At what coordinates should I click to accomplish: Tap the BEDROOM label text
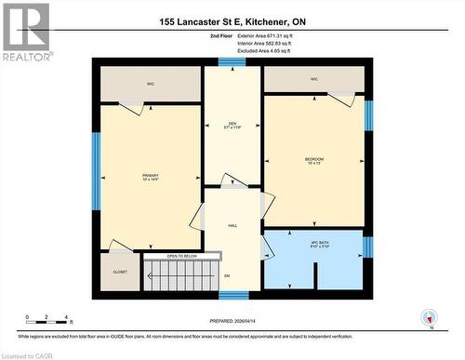[x=314, y=161]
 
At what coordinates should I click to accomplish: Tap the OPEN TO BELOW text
[x=183, y=255]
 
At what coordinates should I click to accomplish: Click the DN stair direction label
[x=226, y=276]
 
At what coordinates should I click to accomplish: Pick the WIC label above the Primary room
[x=150, y=84]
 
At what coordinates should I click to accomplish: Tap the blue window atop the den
[x=232, y=62]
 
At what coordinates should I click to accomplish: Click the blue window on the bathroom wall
[x=367, y=247]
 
